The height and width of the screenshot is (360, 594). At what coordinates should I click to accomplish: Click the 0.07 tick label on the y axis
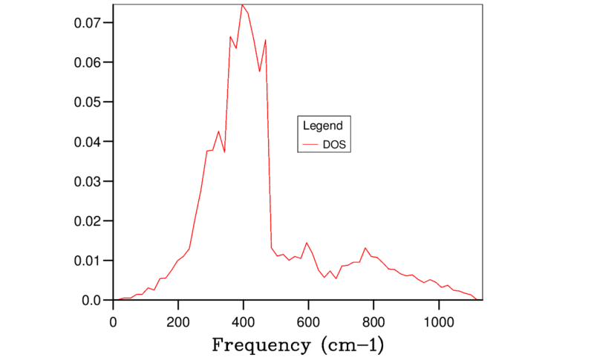point(88,23)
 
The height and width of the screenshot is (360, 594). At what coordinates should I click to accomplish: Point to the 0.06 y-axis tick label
point(88,62)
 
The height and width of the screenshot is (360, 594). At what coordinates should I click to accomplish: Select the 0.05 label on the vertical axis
point(88,102)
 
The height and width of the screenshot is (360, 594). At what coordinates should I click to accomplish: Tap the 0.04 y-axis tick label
point(88,142)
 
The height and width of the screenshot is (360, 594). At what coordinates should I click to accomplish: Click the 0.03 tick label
point(88,182)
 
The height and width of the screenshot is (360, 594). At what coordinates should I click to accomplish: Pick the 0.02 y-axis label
point(88,221)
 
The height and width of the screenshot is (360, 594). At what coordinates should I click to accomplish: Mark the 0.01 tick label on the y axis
point(88,261)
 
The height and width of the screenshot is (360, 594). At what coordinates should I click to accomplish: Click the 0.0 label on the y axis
point(91,301)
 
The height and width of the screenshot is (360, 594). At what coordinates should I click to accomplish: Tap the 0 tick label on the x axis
point(114,322)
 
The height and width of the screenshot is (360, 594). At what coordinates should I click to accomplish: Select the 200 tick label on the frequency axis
point(178,322)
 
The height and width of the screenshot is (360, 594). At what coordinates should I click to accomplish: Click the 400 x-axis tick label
point(244,322)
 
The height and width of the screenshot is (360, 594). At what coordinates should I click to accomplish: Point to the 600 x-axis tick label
point(308,322)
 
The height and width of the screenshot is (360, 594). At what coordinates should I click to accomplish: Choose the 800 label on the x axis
point(373,322)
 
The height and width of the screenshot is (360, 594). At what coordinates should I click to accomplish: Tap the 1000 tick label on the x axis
point(439,322)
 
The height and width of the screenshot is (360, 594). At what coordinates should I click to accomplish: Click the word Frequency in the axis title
point(261,345)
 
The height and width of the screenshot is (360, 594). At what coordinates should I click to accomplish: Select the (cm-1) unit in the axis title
point(352,345)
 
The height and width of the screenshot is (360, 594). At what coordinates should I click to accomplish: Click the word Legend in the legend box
point(323,125)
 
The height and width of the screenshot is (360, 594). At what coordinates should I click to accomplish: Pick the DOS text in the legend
point(335,145)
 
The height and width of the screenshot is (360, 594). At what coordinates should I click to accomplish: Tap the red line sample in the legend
point(310,144)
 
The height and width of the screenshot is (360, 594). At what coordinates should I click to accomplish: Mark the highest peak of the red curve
point(243,4)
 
